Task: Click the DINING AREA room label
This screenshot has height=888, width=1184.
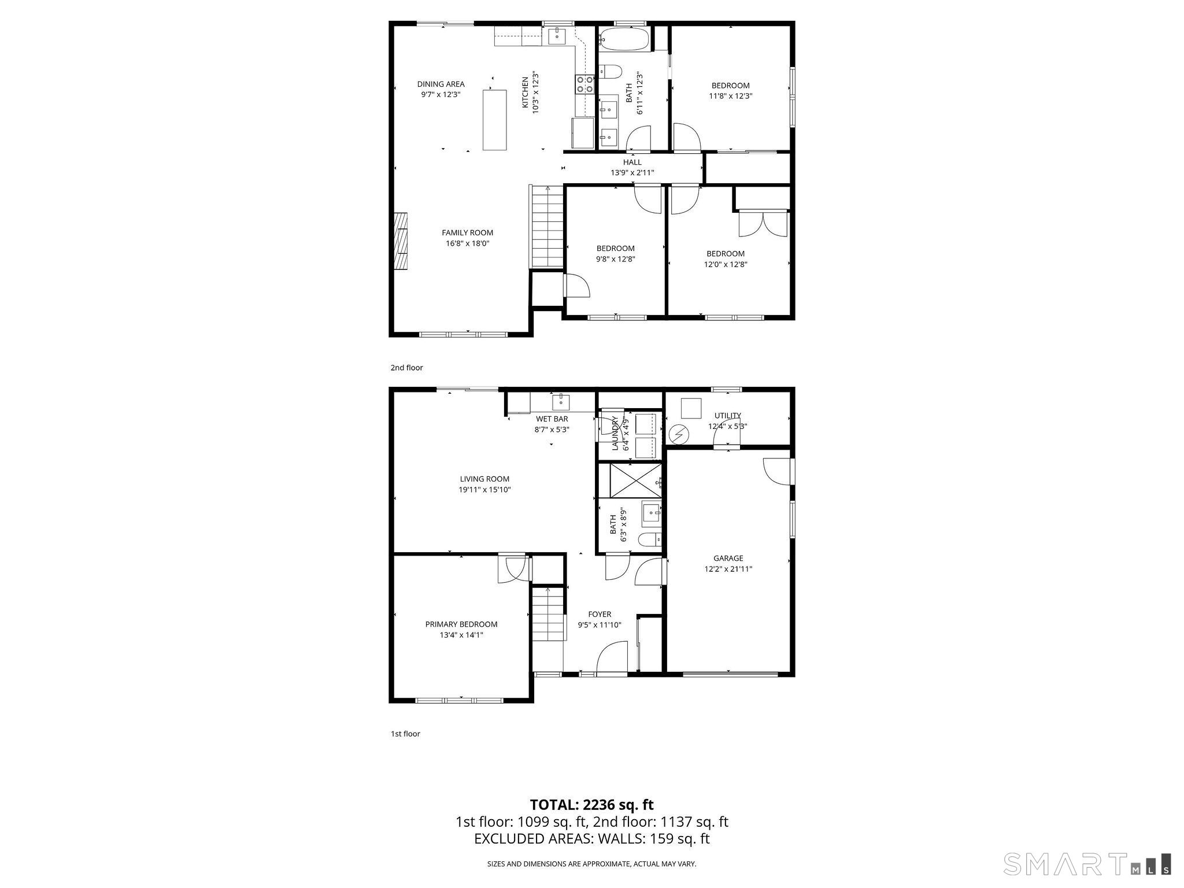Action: coord(441,84)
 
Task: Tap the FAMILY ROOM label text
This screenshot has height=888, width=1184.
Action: coord(467,233)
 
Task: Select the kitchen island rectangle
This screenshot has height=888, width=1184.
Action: coord(494,120)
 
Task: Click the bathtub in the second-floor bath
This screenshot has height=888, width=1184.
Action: coord(624,39)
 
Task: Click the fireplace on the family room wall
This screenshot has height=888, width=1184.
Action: coord(400,240)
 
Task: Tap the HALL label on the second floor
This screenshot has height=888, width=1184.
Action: coord(632,162)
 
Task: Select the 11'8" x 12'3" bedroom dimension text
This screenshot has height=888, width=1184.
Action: coord(730,97)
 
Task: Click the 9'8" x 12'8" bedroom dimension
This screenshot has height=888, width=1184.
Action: coord(615,260)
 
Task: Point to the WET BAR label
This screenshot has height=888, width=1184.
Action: coord(552,419)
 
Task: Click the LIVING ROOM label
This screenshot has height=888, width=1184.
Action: coord(484,479)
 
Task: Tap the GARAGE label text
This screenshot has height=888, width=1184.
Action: coord(728,558)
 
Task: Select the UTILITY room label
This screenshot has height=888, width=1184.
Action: coord(727,416)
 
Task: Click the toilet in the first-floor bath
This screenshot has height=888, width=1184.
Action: coord(650,540)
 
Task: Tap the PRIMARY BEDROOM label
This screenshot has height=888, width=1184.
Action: coord(461,624)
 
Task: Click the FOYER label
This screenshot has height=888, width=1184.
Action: coord(600,615)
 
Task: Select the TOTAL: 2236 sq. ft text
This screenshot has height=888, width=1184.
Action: coord(592,804)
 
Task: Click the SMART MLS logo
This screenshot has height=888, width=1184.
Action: coord(1087,864)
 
